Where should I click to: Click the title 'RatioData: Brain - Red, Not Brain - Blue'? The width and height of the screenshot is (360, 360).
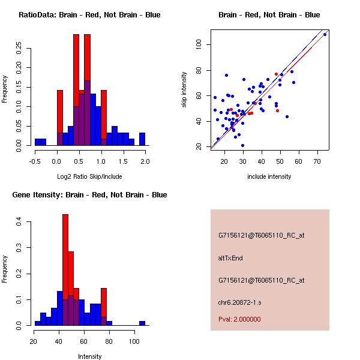pyautogui.click(x=89, y=15)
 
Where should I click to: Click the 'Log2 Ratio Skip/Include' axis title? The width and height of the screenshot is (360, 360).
pyautogui.click(x=89, y=176)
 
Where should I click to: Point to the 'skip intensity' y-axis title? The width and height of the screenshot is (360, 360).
pyautogui.click(x=184, y=90)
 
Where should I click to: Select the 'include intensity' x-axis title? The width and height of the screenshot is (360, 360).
pyautogui.click(x=269, y=176)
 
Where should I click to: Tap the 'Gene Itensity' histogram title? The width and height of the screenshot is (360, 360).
pyautogui.click(x=89, y=195)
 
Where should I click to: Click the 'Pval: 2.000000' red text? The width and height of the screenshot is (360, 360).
pyautogui.click(x=239, y=319)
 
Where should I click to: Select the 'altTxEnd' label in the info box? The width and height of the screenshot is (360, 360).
pyautogui.click(x=230, y=258)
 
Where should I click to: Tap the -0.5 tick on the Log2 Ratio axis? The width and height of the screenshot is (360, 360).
pyautogui.click(x=35, y=161)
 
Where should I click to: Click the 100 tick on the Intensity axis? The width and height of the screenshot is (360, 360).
pyautogui.click(x=133, y=341)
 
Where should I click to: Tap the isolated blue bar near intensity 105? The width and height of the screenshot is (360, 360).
pyautogui.click(x=142, y=323)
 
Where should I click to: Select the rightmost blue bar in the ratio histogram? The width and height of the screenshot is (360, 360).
pyautogui.click(x=142, y=139)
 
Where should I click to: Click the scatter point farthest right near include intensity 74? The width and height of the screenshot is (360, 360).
pyautogui.click(x=325, y=34)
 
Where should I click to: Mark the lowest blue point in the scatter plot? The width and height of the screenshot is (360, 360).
pyautogui.click(x=242, y=145)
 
